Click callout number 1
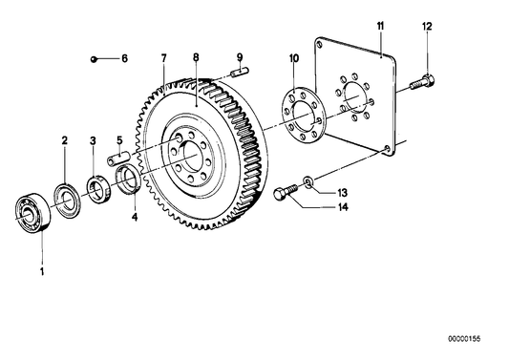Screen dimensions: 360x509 coord(41,271)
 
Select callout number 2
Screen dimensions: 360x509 coord(65,140)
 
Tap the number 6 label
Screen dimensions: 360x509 coord(123,58)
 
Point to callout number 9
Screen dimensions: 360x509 coord(240,58)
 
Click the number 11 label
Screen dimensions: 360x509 coord(379,22)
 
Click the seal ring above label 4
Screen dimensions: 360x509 coord(128,181)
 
